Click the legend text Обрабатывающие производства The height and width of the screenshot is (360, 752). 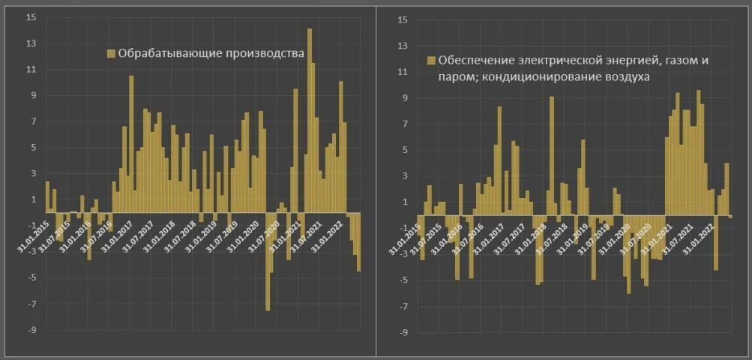pyautogui.click(x=211, y=53)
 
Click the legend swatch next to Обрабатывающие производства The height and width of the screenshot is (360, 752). pyautogui.click(x=111, y=53)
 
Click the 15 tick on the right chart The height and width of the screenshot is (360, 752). pyautogui.click(x=402, y=19)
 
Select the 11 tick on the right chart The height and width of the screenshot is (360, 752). pyautogui.click(x=402, y=72)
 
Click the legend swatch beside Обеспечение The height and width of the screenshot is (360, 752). pyautogui.click(x=430, y=61)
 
